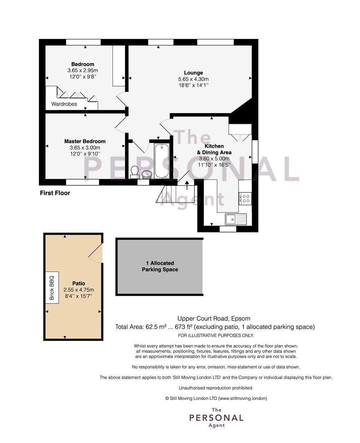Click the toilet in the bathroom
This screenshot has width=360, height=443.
pos(134,172)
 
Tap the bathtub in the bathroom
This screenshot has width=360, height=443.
pos(162,161)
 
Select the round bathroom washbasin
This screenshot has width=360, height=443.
pos(146,174)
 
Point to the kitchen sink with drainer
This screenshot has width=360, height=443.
pos(236,219)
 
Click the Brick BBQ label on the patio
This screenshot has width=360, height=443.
pos(52,288)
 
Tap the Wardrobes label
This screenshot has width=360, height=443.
pos(64,104)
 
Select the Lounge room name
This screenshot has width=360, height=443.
pos(194,73)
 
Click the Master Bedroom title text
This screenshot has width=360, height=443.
pos(85,141)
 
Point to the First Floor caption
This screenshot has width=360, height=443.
pos(55,193)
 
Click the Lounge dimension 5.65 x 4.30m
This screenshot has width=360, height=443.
pos(194,79)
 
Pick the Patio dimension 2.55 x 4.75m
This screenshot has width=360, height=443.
pos(79,290)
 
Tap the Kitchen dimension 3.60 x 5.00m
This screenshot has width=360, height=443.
pos(214,158)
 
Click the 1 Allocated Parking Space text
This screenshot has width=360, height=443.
pos(160,266)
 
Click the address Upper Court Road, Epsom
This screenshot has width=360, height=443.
pos(214,319)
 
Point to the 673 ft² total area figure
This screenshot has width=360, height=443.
pos(184,327)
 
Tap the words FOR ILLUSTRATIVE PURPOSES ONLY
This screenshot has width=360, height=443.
pos(216,336)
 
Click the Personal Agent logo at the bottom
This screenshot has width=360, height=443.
pos(216,418)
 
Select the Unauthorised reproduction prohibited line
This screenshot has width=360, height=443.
pos(216,388)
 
